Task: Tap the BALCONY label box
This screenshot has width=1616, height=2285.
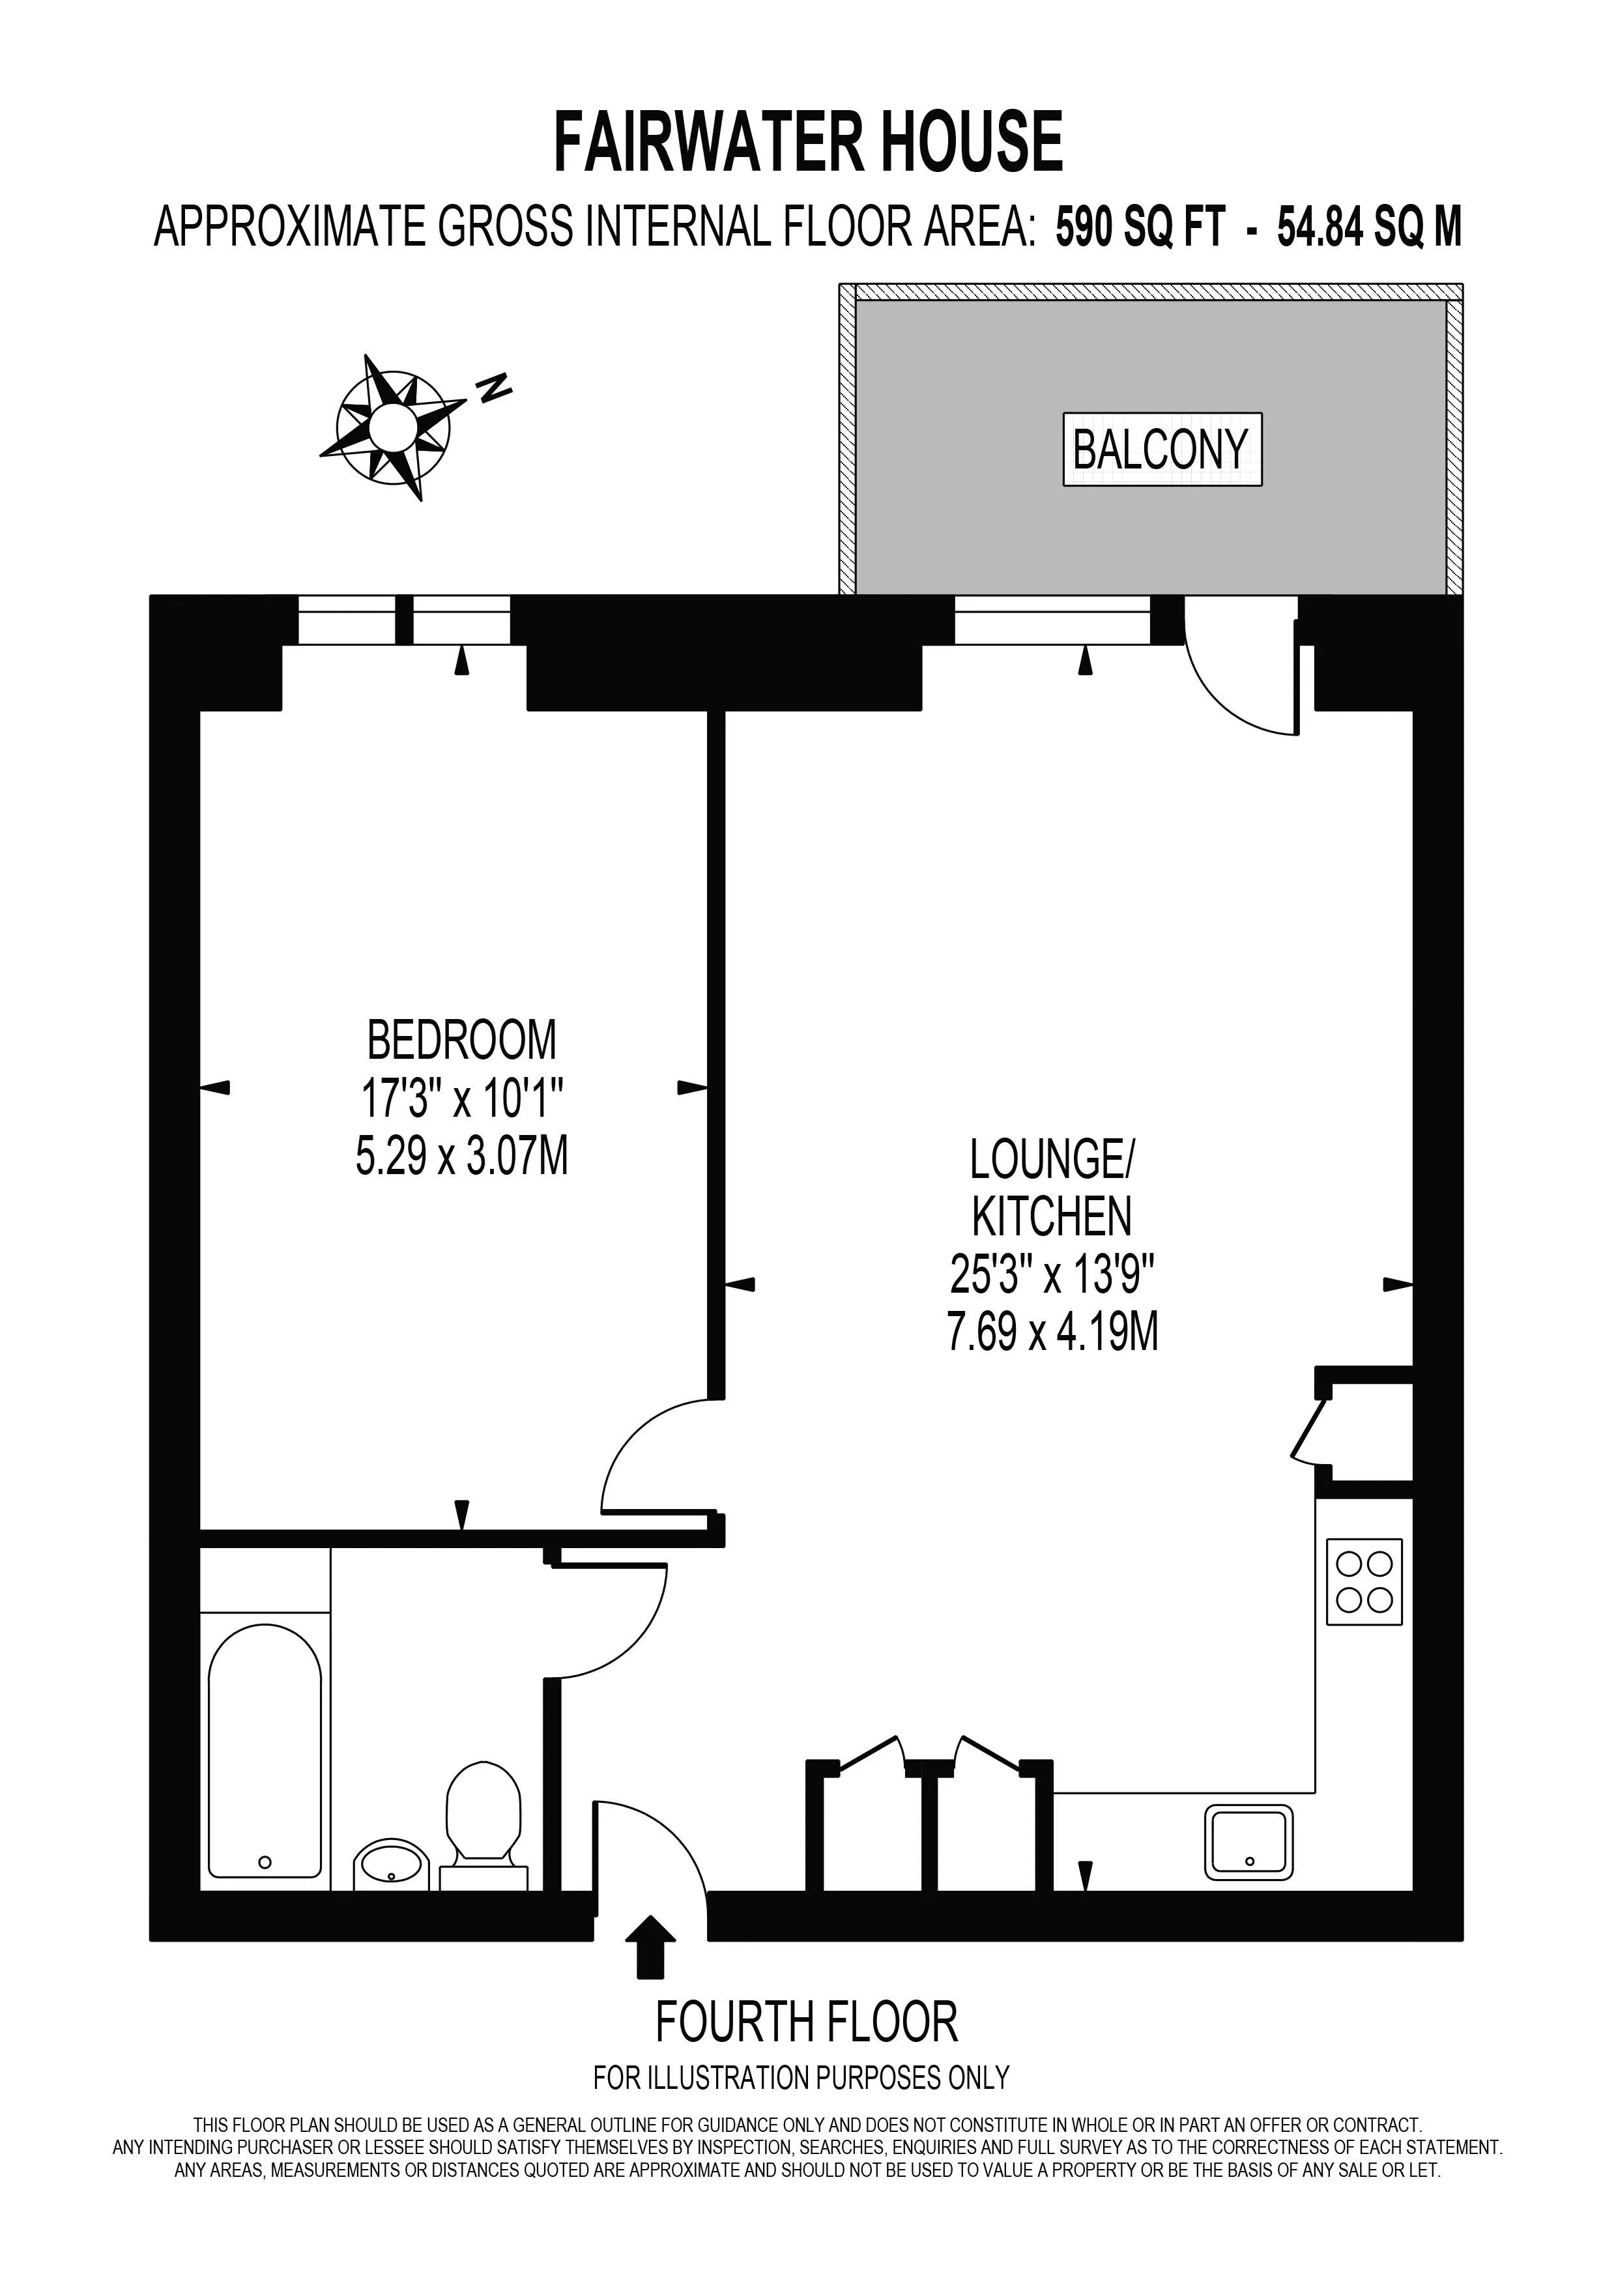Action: [x=1162, y=449]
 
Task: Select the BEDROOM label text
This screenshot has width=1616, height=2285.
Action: [x=462, y=1041]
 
